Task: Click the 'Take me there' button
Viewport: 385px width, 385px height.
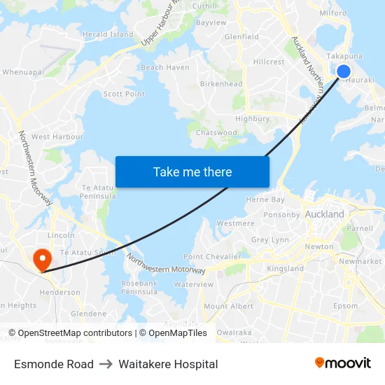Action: point(192,172)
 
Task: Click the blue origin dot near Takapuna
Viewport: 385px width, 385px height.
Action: point(344,71)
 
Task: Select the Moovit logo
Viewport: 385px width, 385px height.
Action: point(342,363)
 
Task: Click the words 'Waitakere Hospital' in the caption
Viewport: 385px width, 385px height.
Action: point(168,364)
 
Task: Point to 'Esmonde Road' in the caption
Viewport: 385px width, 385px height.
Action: point(54,364)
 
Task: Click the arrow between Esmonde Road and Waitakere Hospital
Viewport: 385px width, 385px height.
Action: point(106,364)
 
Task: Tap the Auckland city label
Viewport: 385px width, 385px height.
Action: point(325,214)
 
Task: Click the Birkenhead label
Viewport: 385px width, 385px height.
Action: point(221,84)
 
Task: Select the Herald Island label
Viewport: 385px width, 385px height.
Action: point(108,34)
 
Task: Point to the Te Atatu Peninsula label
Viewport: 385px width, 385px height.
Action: point(98,193)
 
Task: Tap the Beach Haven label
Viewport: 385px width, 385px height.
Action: point(165,68)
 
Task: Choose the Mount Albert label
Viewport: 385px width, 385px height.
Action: point(228,306)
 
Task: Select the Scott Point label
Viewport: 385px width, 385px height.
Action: point(124,94)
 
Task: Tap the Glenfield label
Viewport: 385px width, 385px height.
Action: point(241,36)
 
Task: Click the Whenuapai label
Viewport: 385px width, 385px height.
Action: point(24,71)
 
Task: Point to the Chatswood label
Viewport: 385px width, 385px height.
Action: point(216,132)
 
